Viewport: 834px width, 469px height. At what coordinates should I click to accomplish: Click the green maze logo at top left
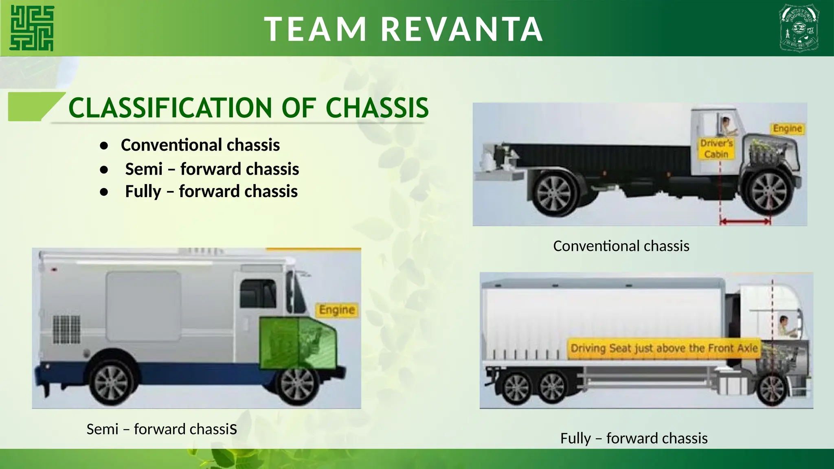tap(32, 28)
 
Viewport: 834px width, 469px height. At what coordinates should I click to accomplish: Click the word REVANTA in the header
tap(462, 29)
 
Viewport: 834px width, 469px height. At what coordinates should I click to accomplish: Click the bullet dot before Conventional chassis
tap(104, 146)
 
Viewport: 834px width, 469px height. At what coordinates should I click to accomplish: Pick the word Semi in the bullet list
tap(144, 169)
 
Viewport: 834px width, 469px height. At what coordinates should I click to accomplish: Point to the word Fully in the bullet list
tap(143, 191)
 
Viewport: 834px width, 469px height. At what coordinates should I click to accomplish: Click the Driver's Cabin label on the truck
tap(716, 149)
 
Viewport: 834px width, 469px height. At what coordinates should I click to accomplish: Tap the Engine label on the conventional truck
tap(787, 129)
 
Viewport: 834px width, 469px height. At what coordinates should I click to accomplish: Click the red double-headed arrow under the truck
tap(745, 221)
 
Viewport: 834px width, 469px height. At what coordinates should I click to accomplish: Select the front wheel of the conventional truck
tap(769, 192)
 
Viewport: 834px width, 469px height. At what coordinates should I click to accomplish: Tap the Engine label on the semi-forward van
tap(337, 310)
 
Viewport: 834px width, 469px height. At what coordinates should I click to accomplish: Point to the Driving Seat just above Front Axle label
tap(664, 348)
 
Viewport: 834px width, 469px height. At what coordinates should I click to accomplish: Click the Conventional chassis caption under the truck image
tap(621, 246)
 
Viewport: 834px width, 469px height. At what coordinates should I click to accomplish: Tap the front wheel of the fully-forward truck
tap(772, 389)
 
